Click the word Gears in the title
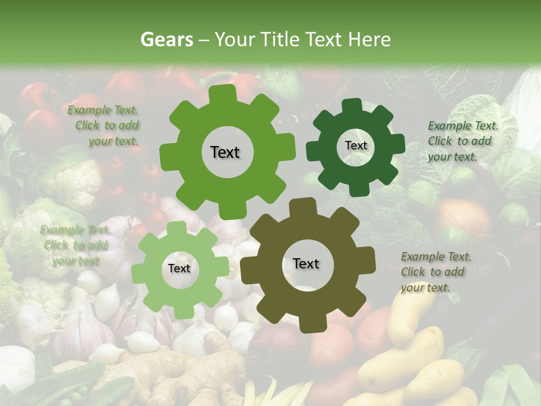[x=166, y=40]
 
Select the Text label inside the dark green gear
[x=356, y=145]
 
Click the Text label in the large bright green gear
[x=225, y=152]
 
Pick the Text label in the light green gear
[x=179, y=269]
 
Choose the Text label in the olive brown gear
[x=306, y=263]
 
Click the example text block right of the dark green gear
[x=463, y=141]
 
